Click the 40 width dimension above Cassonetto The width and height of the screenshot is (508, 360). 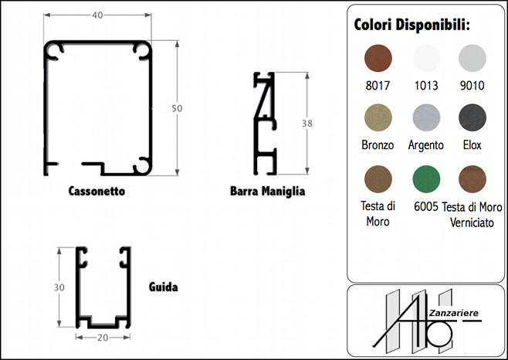pos(97,15)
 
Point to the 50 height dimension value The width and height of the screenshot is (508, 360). pos(177,108)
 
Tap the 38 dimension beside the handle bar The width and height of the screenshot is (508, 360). pos(307,124)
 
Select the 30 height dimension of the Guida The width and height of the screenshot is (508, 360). pos(59,287)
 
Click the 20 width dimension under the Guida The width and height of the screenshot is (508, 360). pos(103,338)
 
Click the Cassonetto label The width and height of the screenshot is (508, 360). pos(97,191)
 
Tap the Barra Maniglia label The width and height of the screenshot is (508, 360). pos(267,191)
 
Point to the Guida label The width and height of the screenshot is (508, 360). pos(164,287)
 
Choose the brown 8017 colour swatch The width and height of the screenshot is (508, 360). pos(378,59)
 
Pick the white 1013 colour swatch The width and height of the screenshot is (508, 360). pos(426,59)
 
